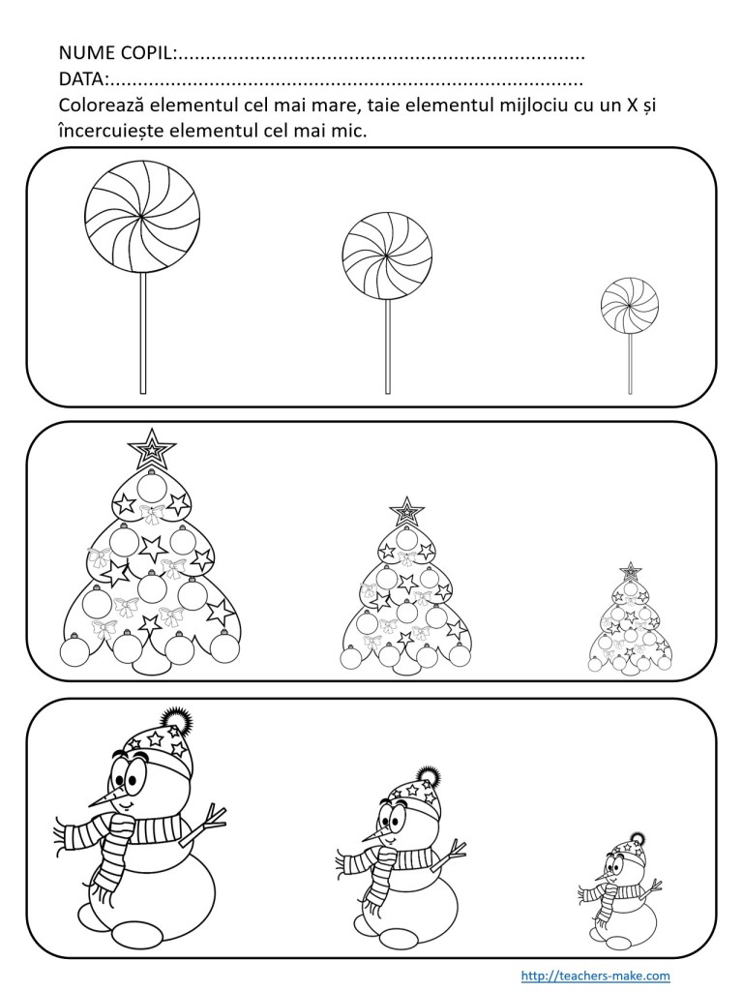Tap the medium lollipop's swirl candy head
click(387, 255)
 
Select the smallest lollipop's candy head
click(630, 306)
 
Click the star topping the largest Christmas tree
click(152, 449)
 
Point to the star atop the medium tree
click(406, 511)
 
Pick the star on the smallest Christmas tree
click(629, 571)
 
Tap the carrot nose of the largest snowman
click(105, 798)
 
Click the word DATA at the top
click(82, 79)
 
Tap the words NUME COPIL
click(116, 53)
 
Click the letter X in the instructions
click(630, 105)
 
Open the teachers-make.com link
click(595, 976)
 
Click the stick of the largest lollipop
click(143, 334)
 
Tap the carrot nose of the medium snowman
click(374, 835)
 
